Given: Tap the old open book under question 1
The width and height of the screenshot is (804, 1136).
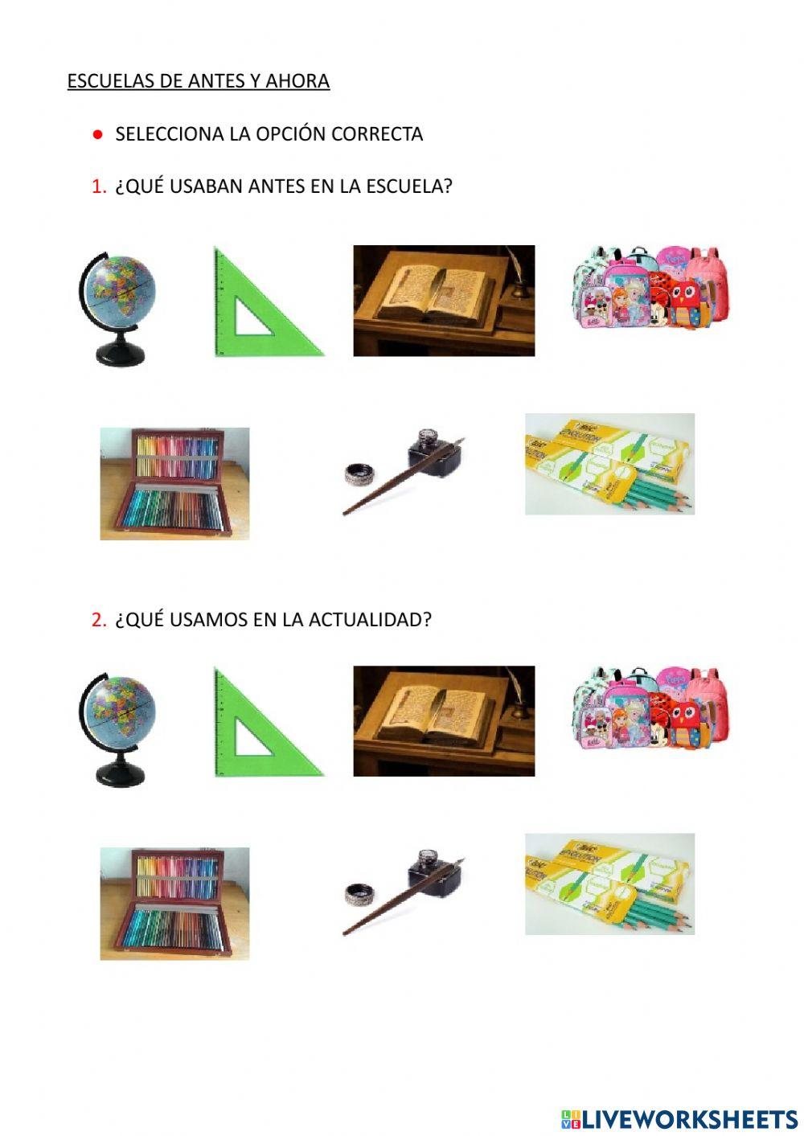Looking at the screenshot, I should click(x=444, y=301).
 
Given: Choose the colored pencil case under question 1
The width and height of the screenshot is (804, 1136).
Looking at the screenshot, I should click(x=174, y=483).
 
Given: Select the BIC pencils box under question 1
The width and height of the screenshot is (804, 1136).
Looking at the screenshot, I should click(x=609, y=464).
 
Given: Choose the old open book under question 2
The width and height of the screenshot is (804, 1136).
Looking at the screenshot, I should click(x=444, y=720).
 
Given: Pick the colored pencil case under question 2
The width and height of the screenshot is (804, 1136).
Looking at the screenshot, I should click(x=174, y=903).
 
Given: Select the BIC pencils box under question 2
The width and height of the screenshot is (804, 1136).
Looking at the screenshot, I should click(x=609, y=884).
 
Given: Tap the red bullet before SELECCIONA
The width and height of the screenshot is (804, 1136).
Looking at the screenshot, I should click(x=97, y=134).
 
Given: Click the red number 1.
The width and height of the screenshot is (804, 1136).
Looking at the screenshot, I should click(x=99, y=187).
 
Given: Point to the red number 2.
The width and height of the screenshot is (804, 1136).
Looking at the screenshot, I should click(x=99, y=620).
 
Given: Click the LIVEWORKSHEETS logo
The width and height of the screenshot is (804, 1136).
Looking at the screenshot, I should click(x=679, y=1118).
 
